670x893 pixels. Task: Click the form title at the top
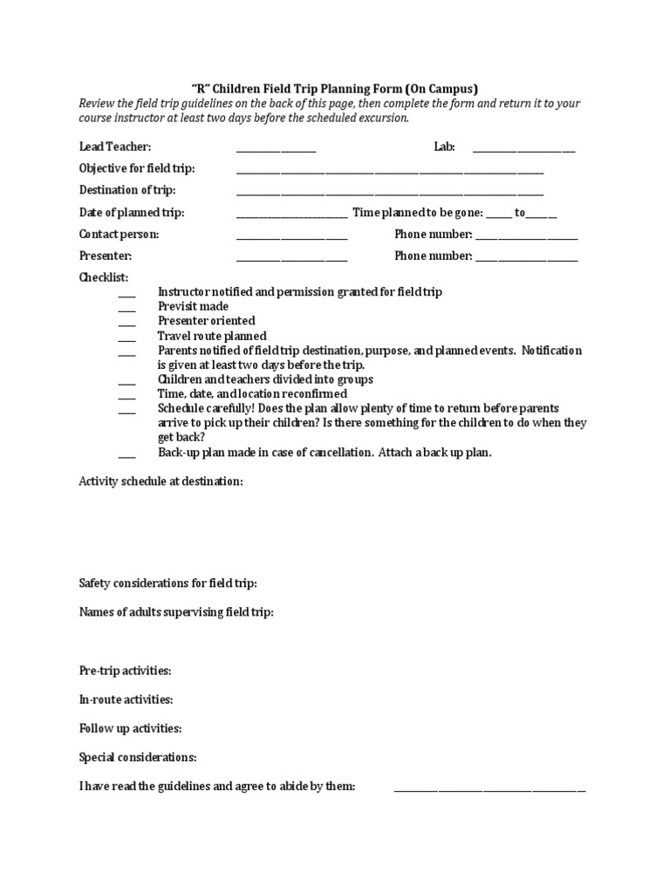[x=335, y=88]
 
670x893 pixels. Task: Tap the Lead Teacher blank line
[x=276, y=151]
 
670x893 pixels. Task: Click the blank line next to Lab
[x=523, y=151]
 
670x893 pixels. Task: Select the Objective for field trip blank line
[x=389, y=172]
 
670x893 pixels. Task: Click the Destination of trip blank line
[x=389, y=194]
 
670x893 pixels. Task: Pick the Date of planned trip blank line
[x=291, y=215]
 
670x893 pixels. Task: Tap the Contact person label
[x=120, y=235]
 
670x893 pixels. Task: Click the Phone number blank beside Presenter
[x=526, y=259]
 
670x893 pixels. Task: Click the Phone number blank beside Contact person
[x=526, y=238]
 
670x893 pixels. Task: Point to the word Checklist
[x=104, y=277]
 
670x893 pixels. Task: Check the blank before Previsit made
[x=127, y=310]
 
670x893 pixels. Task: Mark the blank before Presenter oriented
[x=127, y=324]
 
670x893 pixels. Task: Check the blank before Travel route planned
[x=127, y=339]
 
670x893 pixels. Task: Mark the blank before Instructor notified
[x=127, y=295]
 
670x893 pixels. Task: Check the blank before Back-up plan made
[x=127, y=456]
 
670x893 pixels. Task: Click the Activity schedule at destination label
[x=161, y=481]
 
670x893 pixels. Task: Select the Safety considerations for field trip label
[x=168, y=583]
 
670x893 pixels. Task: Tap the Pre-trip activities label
[x=126, y=671]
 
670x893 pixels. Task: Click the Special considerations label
[x=138, y=757]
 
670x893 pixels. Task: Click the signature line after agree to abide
[x=489, y=790]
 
